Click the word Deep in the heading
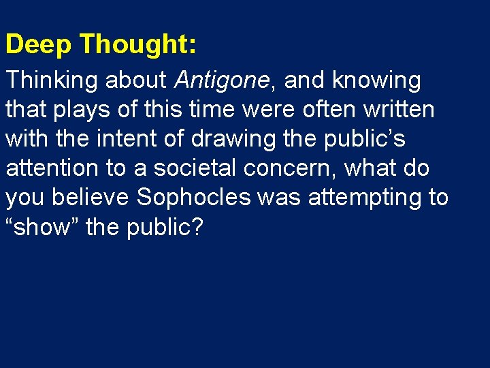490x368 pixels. tap(39, 44)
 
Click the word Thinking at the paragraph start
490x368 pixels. tap(52, 81)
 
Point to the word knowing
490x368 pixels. tap(376, 81)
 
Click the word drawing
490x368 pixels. tap(224, 139)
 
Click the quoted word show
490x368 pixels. tap(43, 227)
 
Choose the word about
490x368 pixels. tap(136, 81)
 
